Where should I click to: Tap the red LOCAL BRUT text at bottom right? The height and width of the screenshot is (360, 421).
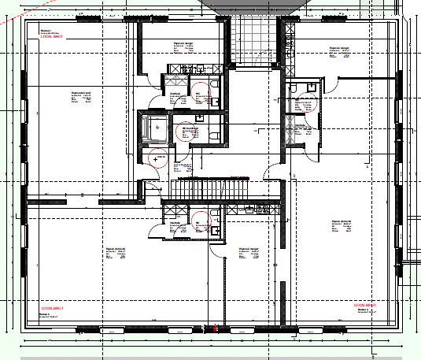pos(367,304)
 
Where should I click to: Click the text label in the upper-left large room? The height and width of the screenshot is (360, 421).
pos(83,97)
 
